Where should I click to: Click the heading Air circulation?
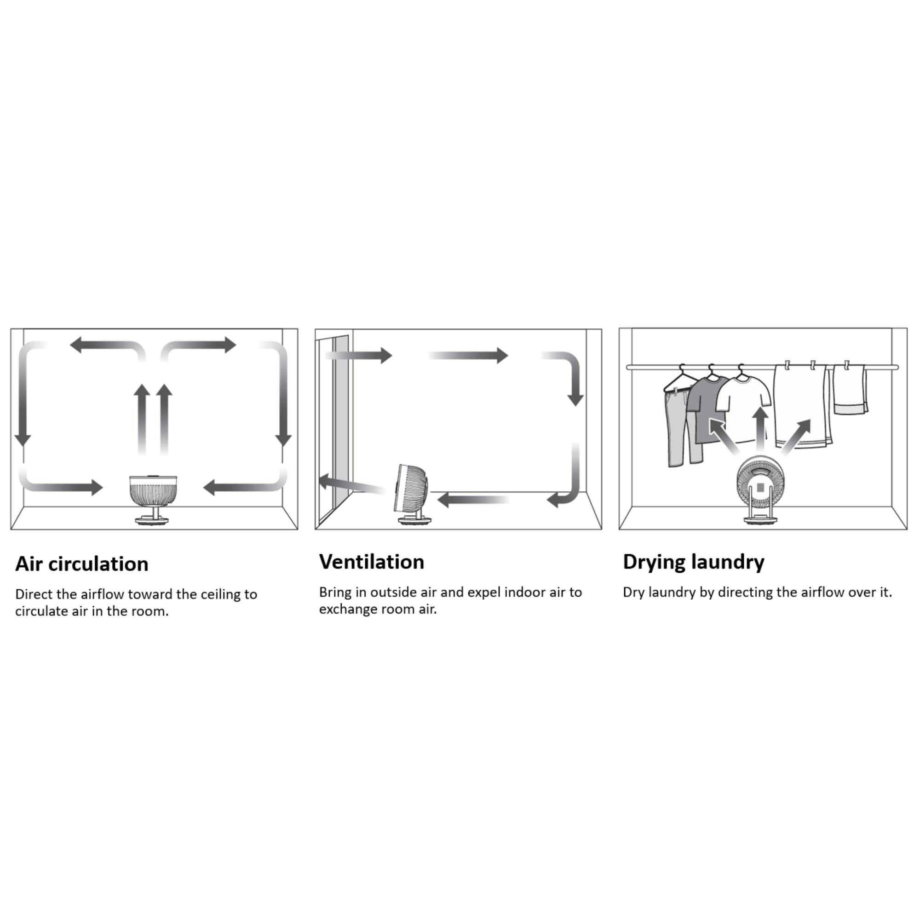point(82,564)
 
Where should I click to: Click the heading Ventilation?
point(371,562)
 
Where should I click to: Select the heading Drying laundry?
point(693,562)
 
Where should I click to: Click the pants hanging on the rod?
point(678,429)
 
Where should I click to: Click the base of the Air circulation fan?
point(153,520)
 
